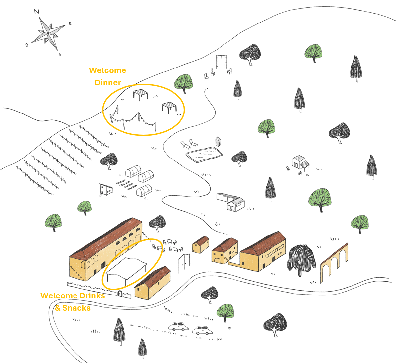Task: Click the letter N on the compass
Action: point(36,12)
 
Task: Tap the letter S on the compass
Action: point(60,55)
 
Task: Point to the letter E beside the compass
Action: point(70,23)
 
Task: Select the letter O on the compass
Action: point(27,45)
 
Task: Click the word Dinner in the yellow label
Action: point(108,82)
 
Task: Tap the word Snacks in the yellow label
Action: point(76,308)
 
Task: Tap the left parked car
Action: point(178,327)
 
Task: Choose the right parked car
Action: point(202,330)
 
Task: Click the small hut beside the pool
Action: point(218,141)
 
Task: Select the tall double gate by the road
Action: point(184,263)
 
